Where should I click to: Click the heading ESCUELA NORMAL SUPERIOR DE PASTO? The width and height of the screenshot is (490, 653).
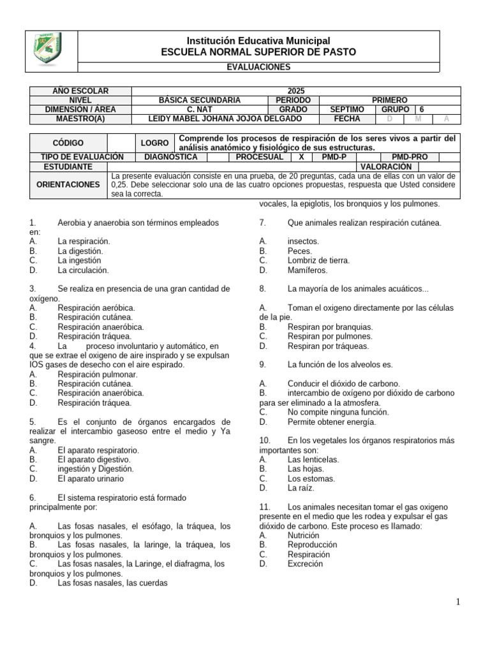258,52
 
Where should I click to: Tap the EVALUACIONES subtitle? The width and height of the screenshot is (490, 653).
258,67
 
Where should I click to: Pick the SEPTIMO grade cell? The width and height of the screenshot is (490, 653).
347,110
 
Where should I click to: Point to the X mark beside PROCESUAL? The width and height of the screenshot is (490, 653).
301,157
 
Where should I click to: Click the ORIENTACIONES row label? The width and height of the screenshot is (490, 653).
68,185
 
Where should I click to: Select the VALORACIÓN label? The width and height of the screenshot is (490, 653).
383,166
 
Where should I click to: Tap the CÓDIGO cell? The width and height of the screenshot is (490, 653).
68,143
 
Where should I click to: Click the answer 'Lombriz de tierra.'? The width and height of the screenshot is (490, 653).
318,260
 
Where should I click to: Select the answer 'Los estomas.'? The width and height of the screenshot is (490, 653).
311,478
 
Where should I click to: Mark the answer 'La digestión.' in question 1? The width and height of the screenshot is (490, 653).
80,251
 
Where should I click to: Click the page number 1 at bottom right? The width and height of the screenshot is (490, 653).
458,602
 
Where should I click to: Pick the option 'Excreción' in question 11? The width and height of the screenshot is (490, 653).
305,564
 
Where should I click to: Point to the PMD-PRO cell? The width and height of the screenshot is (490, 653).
410,157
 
